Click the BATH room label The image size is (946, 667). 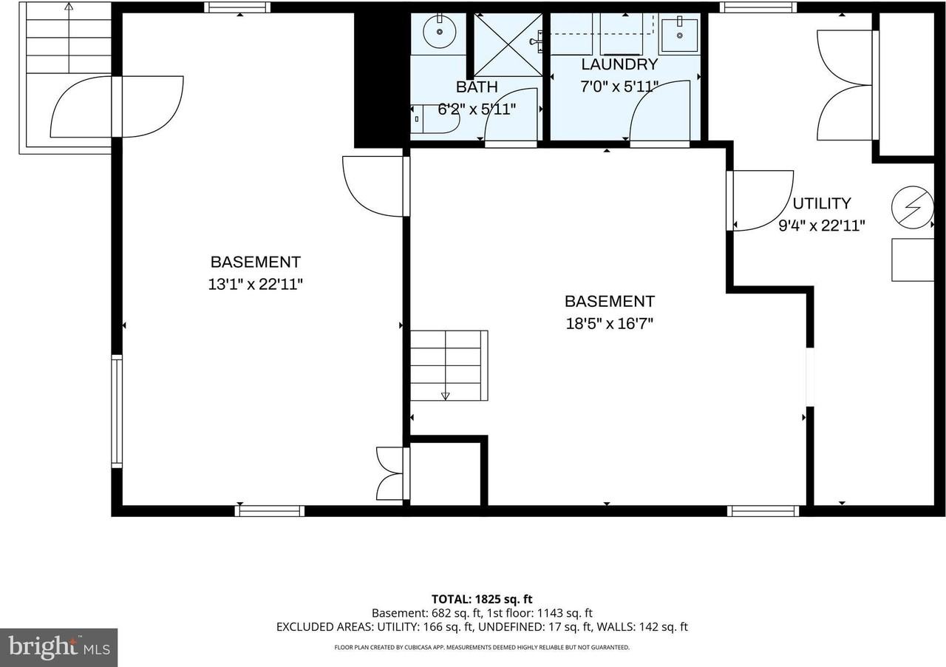pos(477,87)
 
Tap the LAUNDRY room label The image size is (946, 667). pos(619,64)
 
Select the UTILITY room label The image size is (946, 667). pos(822,203)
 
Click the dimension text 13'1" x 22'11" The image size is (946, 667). pos(256,284)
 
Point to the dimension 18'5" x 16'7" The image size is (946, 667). pos(609,323)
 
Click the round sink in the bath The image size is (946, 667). pos(440,32)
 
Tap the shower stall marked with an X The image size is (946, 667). pos(507,44)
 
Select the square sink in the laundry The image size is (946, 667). pos(679,35)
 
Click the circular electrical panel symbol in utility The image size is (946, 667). pos(912,207)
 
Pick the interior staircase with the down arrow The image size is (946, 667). pos(449,365)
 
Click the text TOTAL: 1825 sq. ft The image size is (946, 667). pos(482,600)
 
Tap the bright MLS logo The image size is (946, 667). pos(58,647)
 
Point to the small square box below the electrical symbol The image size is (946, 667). pos(913,260)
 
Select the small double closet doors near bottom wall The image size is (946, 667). pos(392,473)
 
